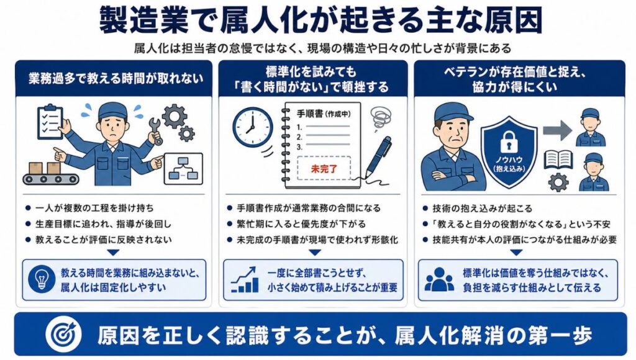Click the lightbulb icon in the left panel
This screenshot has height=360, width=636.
point(42,279)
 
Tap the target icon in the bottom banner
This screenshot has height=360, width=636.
point(64,335)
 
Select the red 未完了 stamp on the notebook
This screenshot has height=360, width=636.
point(324,168)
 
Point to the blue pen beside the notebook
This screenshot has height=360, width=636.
point(378,157)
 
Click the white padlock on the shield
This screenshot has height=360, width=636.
point(509,142)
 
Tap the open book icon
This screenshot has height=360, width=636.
point(558,160)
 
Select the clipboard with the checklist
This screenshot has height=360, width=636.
point(50,122)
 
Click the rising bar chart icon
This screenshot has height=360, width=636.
point(245,279)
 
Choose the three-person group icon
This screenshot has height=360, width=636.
point(439,279)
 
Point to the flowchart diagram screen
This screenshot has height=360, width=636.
point(183,168)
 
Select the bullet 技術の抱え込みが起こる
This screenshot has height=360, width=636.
point(482,209)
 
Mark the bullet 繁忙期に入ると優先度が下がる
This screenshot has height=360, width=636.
point(301,224)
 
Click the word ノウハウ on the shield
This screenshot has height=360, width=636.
point(509,160)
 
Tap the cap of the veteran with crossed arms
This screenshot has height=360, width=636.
point(452,112)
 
